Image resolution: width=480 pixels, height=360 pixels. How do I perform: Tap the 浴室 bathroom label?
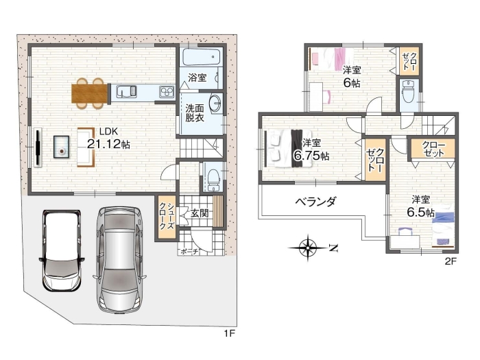tap(197, 77)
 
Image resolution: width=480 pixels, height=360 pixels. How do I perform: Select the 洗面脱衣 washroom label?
tap(193, 112)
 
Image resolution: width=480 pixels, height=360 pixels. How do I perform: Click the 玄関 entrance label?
tap(200, 214)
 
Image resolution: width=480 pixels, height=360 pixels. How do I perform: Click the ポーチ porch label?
tap(189, 252)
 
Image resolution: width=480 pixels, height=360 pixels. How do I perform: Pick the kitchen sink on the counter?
tap(129, 91)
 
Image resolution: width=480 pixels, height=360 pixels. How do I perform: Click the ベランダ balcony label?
tap(315, 202)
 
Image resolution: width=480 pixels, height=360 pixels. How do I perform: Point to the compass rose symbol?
tap(309, 246)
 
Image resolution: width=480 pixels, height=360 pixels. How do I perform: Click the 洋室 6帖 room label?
tap(352, 75)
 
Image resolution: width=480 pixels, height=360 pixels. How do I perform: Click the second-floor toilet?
tap(408, 92)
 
